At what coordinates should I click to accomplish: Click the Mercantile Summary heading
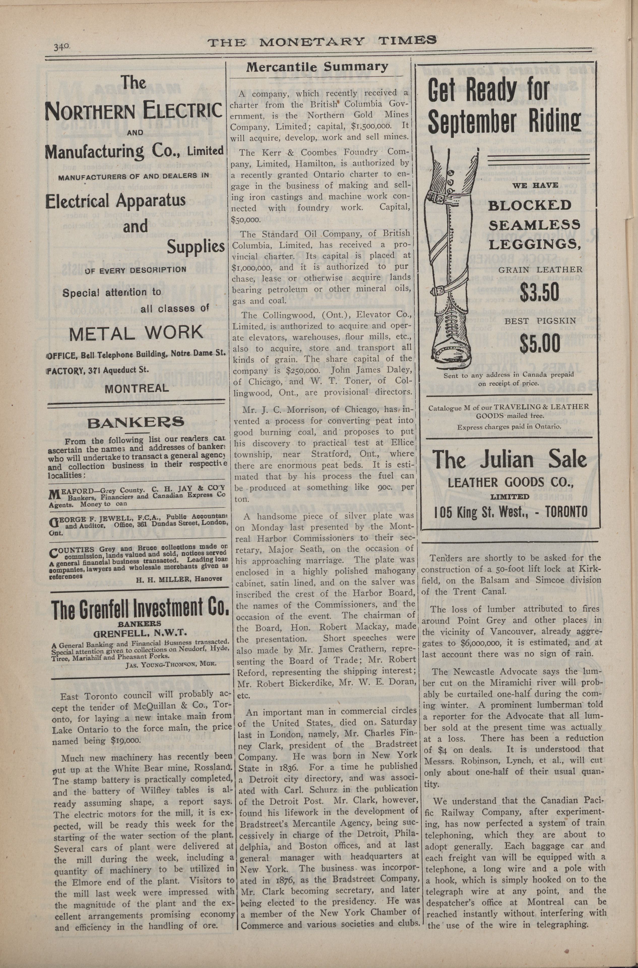317,67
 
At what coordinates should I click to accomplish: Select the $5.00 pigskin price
539,342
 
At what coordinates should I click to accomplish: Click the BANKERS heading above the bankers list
136,422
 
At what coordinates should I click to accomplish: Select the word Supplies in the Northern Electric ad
196,246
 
